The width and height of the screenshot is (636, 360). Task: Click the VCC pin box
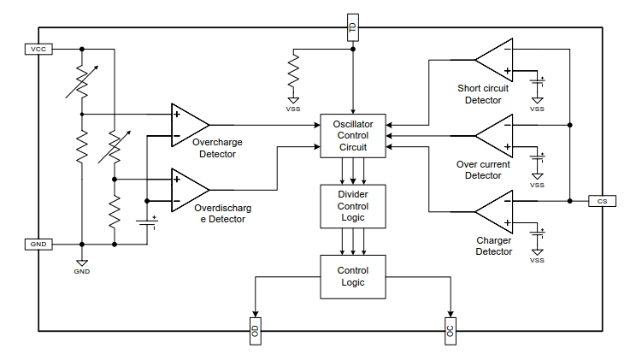point(38,49)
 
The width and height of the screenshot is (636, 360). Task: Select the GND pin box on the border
point(38,245)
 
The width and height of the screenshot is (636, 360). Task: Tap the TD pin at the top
point(353,27)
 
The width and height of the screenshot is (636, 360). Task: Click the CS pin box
point(603,201)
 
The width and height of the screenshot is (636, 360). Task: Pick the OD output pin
point(255,331)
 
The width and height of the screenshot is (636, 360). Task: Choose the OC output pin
point(450,331)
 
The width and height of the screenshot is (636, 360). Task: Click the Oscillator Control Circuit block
point(353,136)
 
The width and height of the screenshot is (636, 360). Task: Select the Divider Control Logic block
point(353,206)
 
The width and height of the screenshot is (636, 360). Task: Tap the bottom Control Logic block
point(353,277)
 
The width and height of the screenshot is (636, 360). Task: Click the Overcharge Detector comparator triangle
point(187,125)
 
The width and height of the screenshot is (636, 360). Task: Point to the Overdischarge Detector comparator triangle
point(187,190)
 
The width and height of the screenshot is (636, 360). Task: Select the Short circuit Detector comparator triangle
point(497,60)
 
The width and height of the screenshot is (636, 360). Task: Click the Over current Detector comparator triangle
point(497,136)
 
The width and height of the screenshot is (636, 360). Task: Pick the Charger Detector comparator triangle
point(497,212)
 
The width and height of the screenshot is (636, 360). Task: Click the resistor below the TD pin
point(293,71)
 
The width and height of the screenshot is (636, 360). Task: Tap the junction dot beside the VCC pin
point(82,49)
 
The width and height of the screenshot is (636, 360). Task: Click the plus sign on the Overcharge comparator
point(177,115)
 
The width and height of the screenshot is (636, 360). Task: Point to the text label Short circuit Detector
point(483,94)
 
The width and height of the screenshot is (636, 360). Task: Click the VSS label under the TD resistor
point(293,109)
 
